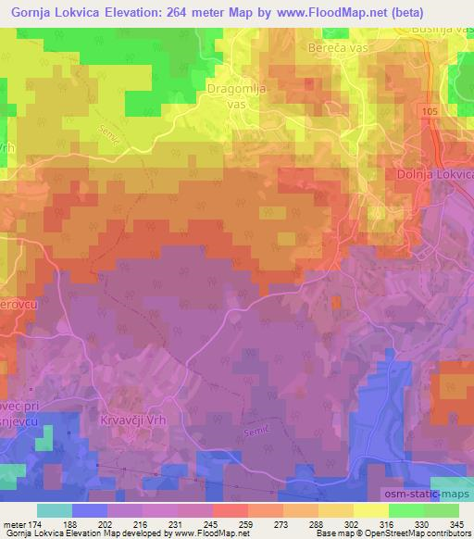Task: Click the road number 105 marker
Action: [427, 111]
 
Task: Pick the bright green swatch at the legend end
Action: [441, 510]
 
